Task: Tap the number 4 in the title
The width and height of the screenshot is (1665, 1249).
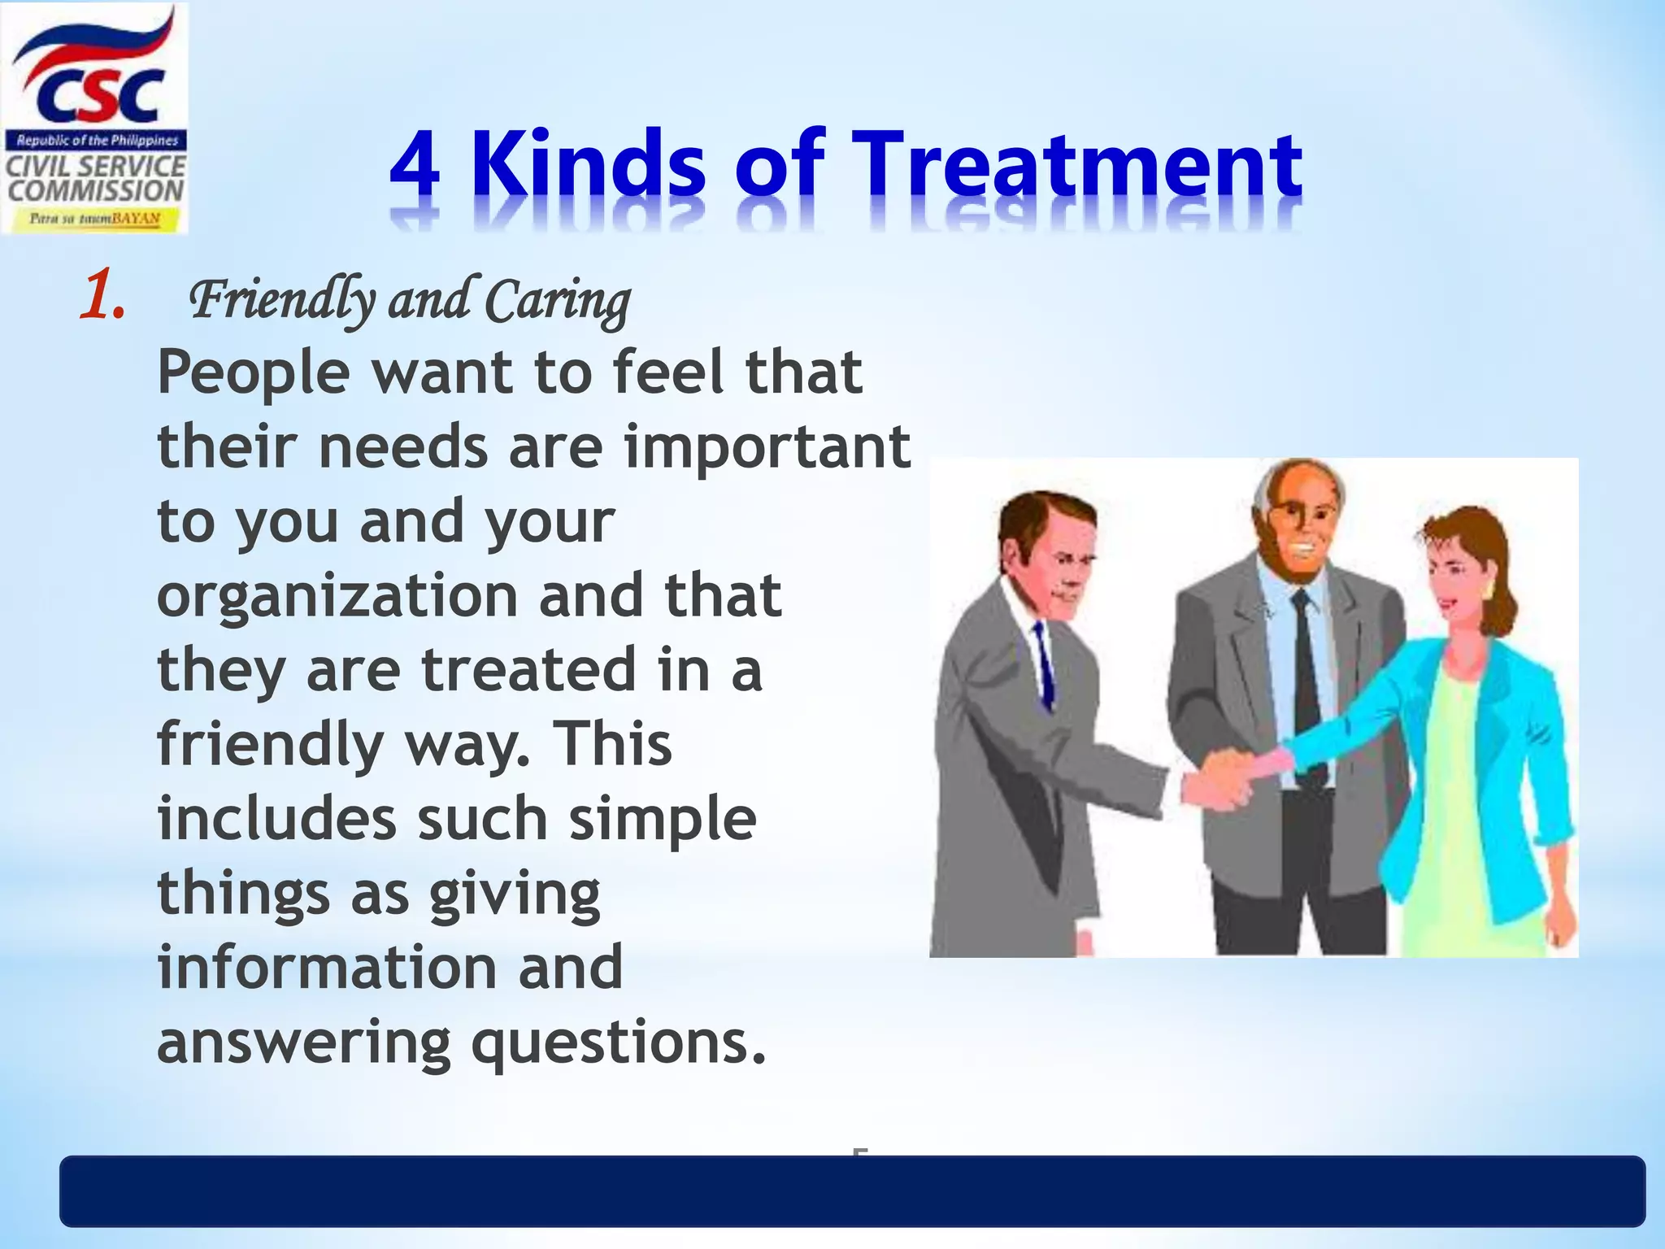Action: click(415, 167)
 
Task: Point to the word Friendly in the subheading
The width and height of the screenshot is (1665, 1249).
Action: click(282, 301)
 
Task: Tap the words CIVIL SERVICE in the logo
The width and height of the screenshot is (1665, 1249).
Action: click(96, 167)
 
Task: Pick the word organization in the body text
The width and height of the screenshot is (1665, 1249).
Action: click(337, 596)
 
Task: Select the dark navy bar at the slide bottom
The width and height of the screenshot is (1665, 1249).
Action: click(852, 1191)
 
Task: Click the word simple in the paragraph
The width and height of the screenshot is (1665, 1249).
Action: click(663, 820)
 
